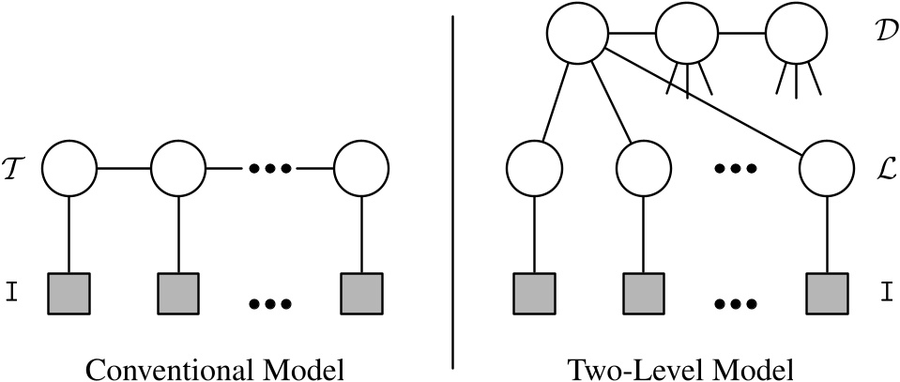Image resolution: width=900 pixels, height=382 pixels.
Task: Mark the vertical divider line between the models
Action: [x=455, y=188]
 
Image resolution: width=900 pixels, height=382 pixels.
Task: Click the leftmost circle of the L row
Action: [x=534, y=169]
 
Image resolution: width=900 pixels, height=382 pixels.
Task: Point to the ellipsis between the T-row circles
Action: [x=270, y=169]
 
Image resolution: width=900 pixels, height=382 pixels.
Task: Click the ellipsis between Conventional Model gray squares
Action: [x=270, y=304]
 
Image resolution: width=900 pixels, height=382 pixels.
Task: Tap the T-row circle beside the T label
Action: [x=70, y=169]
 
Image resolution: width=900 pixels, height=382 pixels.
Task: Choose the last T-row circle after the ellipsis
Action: [x=361, y=169]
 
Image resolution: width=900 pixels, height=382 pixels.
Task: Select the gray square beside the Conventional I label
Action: [x=70, y=293]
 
